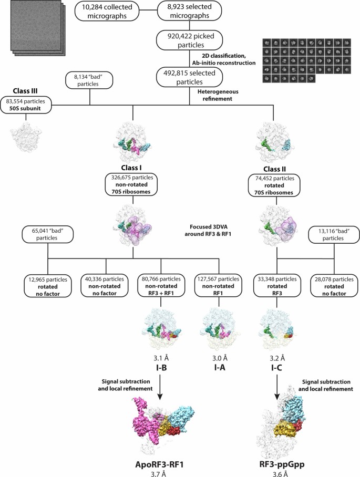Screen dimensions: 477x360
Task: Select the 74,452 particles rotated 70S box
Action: click(x=273, y=184)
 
